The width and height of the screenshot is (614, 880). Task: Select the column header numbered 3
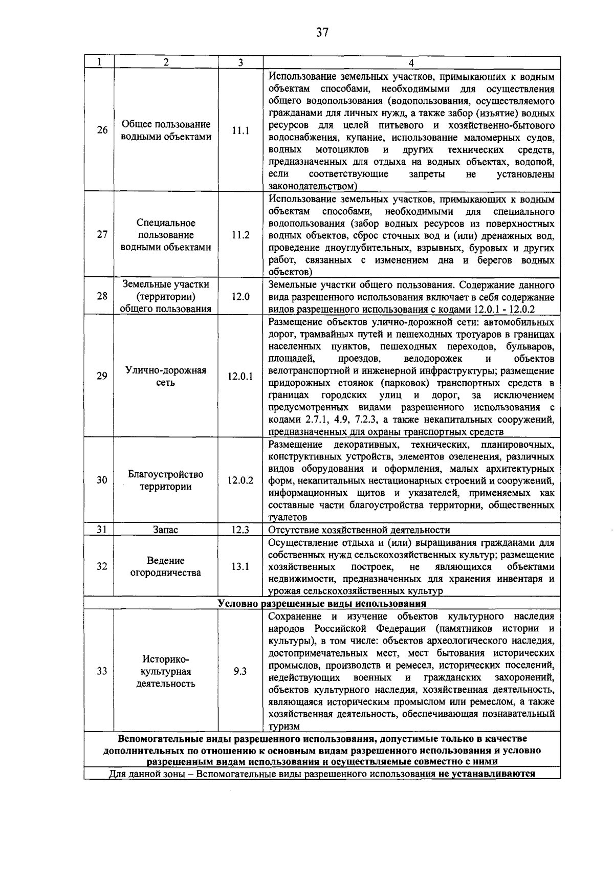click(x=240, y=62)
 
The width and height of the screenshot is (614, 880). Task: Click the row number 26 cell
click(x=102, y=130)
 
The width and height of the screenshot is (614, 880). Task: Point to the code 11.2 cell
click(x=240, y=235)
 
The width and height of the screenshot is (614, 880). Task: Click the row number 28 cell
click(x=102, y=296)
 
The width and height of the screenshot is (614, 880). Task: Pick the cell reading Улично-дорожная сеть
click(x=166, y=376)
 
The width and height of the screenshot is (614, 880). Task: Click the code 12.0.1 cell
click(x=240, y=377)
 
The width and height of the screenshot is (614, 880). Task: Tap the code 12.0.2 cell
click(x=240, y=480)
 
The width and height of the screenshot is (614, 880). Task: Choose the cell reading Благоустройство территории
click(x=166, y=480)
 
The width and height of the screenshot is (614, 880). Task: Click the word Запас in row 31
click(x=166, y=530)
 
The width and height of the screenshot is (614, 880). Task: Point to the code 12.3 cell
click(x=240, y=530)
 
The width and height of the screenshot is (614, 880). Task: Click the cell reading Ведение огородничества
click(x=166, y=566)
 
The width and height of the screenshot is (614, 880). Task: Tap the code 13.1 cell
click(x=240, y=566)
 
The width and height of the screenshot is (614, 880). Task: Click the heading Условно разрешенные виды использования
click(x=322, y=603)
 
